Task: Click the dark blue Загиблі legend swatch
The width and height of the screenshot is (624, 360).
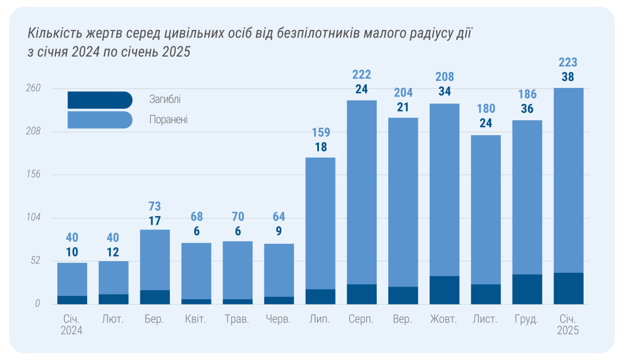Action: click(x=99, y=100)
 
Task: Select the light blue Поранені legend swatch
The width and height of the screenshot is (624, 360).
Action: click(x=99, y=120)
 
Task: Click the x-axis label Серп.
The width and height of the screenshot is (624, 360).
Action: click(x=361, y=320)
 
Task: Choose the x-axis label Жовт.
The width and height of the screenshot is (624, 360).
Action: click(x=444, y=320)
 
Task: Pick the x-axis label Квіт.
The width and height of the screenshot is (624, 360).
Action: click(x=195, y=320)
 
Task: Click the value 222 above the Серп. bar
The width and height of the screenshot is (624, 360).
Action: click(x=362, y=75)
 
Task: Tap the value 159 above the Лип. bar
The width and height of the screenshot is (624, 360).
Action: click(x=320, y=132)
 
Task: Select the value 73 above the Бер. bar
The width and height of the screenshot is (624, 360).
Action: click(x=155, y=206)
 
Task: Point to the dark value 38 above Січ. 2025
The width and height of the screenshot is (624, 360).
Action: click(x=569, y=77)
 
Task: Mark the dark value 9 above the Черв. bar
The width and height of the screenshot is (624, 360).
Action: click(x=279, y=232)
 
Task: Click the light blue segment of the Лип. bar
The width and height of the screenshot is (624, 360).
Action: click(x=320, y=222)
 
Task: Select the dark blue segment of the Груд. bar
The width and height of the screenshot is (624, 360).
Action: click(x=527, y=289)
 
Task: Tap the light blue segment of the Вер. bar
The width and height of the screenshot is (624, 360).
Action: click(x=403, y=202)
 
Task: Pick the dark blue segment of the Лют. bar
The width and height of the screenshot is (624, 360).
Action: click(x=113, y=299)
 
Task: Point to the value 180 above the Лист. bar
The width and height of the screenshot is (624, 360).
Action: click(x=486, y=109)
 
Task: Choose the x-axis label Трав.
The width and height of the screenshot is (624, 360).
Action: click(x=237, y=320)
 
